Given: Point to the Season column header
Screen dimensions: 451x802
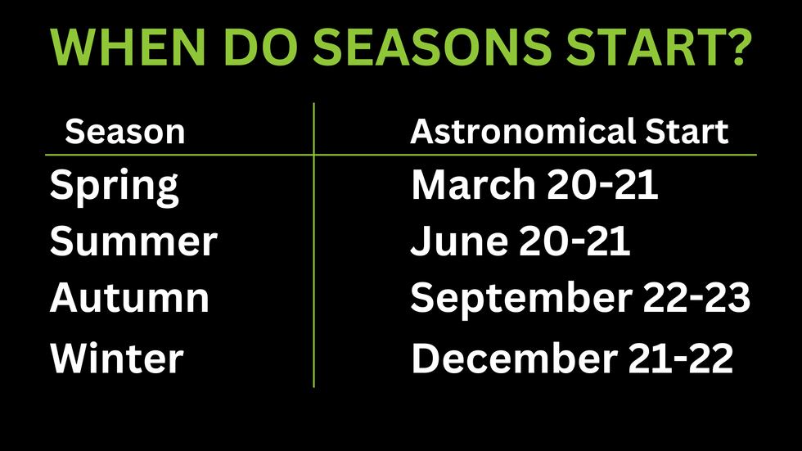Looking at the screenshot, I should pyautogui.click(x=125, y=132).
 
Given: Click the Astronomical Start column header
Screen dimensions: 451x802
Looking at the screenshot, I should pyautogui.click(x=570, y=132).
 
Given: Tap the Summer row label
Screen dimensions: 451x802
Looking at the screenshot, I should pyautogui.click(x=133, y=241).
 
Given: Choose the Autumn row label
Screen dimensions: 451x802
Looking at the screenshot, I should pyautogui.click(x=129, y=298).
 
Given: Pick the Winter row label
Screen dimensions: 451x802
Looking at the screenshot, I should pyautogui.click(x=116, y=359).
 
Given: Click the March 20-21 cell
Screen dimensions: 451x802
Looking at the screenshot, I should pyautogui.click(x=534, y=186).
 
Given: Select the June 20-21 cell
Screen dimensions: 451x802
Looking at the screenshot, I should pyautogui.click(x=520, y=241).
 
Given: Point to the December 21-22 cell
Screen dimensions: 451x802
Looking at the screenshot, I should pyautogui.click(x=572, y=359).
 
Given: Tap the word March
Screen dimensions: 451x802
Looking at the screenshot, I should pyautogui.click(x=467, y=186).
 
